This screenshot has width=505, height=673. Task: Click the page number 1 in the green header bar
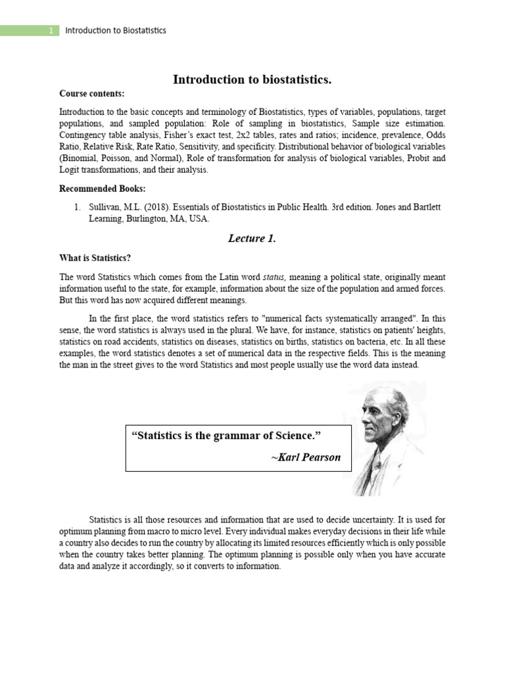(x=51, y=31)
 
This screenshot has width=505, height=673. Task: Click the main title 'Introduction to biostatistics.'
(x=252, y=80)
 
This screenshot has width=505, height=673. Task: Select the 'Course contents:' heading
(x=91, y=94)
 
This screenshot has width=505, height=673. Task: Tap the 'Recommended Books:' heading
(x=101, y=189)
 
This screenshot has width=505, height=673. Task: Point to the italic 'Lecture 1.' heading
(x=252, y=239)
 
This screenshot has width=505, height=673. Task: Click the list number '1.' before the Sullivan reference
(x=78, y=207)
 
